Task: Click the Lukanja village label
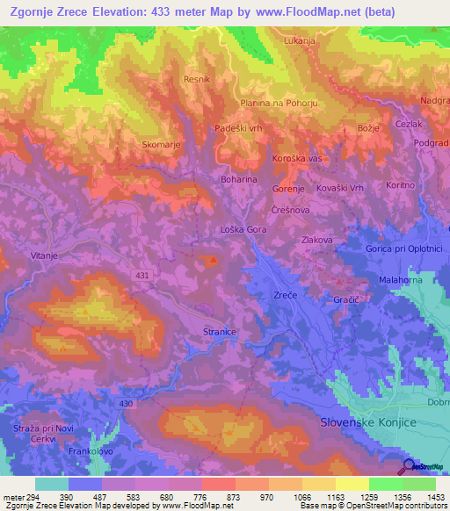300,40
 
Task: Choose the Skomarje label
160,142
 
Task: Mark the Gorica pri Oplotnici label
403,248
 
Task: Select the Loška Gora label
243,229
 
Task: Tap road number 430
126,403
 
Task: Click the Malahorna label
401,279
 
